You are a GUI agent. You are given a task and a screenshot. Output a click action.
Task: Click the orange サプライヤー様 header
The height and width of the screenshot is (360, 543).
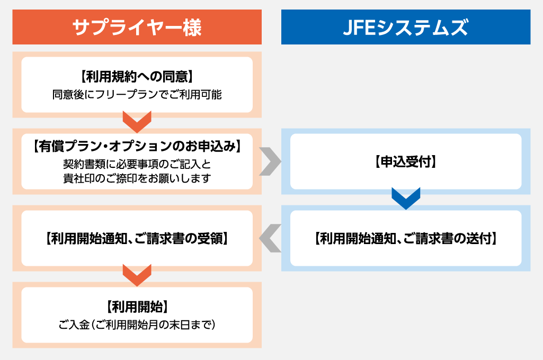click(137, 27)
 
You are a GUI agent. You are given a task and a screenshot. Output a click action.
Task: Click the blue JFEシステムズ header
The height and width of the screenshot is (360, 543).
click(405, 27)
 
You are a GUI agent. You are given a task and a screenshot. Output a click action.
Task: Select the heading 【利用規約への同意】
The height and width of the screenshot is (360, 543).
click(137, 77)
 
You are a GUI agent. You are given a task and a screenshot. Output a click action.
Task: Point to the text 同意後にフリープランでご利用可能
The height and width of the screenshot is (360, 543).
click(137, 95)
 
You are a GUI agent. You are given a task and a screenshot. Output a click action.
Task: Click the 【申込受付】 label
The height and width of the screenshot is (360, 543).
click(405, 161)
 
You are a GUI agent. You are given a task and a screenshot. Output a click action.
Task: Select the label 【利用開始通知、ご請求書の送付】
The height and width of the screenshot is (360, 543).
click(405, 238)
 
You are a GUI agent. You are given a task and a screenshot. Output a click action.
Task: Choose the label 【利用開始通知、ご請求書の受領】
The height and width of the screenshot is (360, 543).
click(137, 238)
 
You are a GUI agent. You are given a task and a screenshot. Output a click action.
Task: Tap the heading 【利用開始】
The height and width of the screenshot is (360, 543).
click(137, 306)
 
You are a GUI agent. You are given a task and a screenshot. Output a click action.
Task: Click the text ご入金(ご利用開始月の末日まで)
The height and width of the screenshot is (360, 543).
click(137, 324)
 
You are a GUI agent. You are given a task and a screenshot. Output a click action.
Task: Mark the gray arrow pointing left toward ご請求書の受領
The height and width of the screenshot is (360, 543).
click(270, 238)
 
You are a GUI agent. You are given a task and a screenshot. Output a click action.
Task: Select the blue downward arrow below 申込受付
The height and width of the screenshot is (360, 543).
click(406, 198)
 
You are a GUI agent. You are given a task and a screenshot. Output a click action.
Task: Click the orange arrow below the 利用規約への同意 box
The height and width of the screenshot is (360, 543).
click(137, 121)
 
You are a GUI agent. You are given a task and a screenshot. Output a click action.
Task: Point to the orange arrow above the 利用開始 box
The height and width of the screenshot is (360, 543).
click(137, 275)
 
